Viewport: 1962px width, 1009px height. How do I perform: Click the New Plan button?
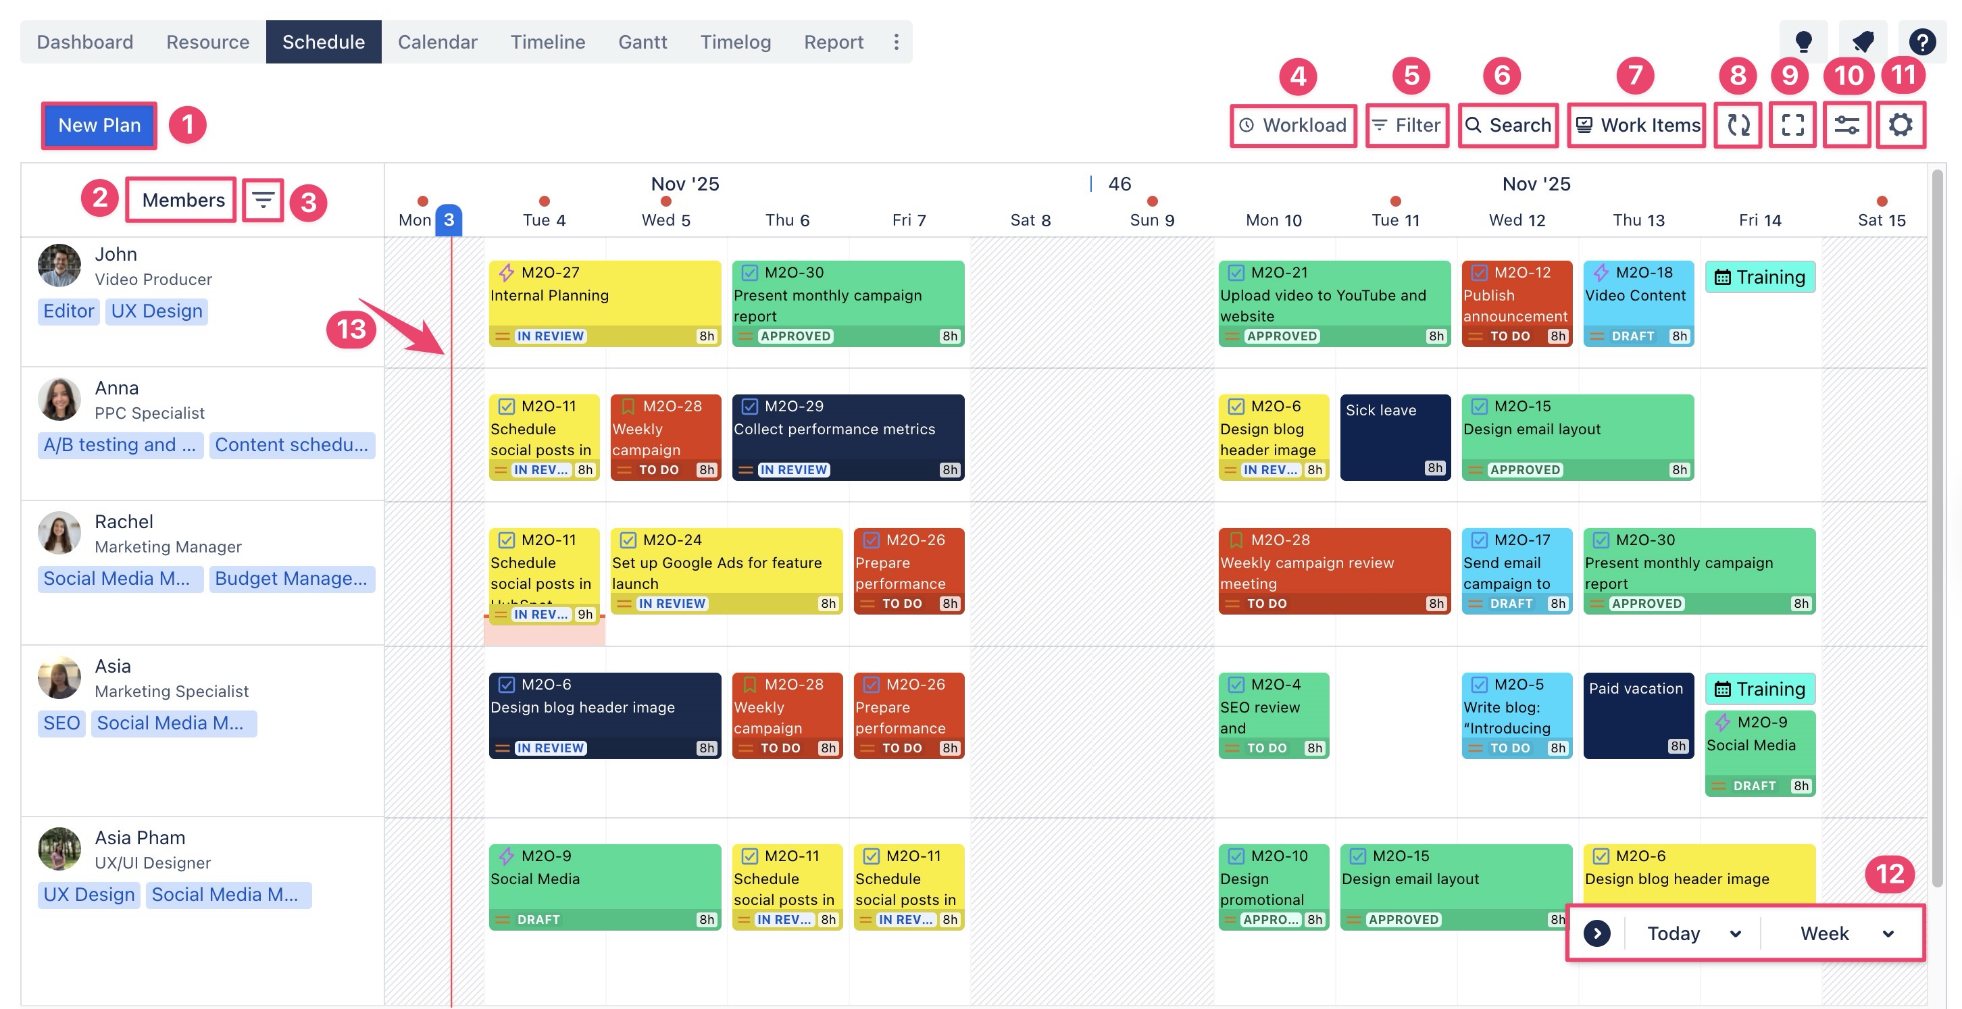coord(99,125)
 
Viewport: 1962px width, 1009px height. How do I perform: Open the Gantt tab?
coord(642,42)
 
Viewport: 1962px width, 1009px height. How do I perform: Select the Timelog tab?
coord(735,42)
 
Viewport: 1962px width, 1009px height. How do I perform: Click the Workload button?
coord(1292,125)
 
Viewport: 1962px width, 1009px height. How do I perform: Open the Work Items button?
coord(1637,125)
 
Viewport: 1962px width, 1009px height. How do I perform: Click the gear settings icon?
coord(1901,125)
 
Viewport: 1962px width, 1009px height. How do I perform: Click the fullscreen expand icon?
coord(1792,125)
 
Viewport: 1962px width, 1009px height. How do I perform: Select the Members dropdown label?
coord(183,199)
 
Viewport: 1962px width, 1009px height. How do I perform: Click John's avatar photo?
coord(59,265)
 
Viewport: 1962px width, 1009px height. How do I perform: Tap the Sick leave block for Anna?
coord(1394,437)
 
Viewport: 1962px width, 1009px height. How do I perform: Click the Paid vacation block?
coord(1638,715)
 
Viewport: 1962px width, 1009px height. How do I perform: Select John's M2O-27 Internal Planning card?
coord(604,303)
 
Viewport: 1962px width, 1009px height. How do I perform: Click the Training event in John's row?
coord(1759,277)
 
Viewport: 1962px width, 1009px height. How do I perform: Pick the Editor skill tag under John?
coord(68,311)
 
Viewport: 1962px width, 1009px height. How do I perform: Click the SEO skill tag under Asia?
coord(61,723)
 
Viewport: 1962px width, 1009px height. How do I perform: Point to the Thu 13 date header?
coord(1638,220)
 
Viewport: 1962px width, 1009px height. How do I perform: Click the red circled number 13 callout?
coord(351,329)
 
